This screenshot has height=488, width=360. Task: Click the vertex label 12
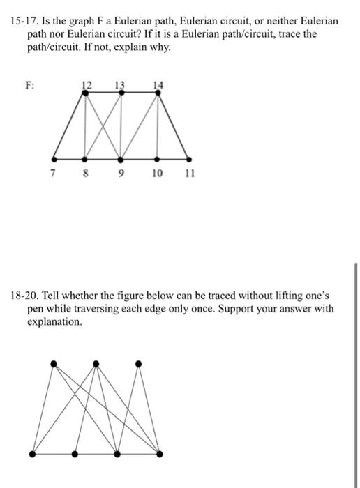[87, 84]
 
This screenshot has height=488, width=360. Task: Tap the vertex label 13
[120, 84]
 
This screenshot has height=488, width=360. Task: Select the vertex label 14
[159, 84]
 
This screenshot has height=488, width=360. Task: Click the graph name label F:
[30, 86]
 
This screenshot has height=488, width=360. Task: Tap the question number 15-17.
[24, 22]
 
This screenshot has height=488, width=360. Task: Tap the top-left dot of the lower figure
[53, 363]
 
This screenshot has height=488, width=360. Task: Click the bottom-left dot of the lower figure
[33, 454]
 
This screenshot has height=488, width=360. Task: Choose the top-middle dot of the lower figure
[96, 363]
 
